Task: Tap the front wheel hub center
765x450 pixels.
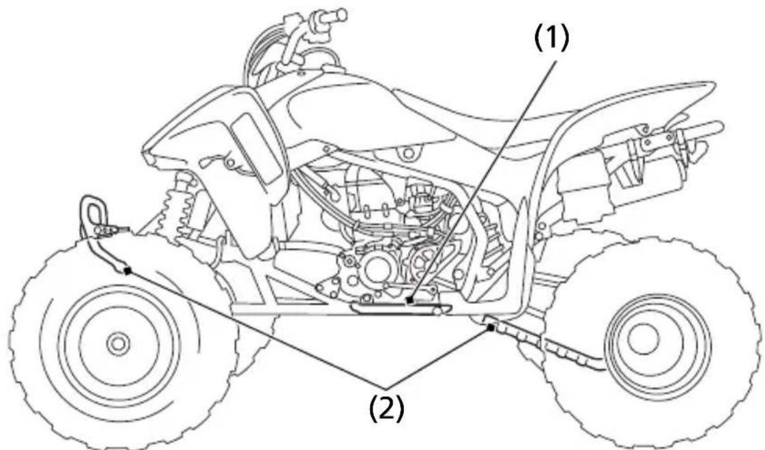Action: coord(117,343)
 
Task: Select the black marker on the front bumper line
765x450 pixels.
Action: coord(128,271)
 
